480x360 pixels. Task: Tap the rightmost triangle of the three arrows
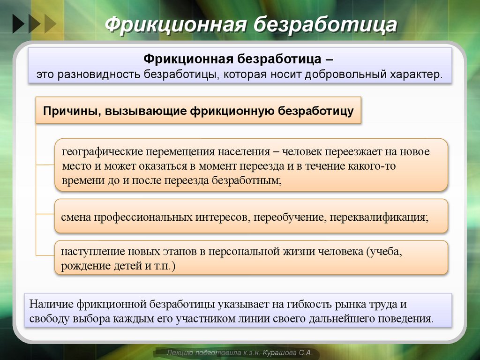pos(50,23)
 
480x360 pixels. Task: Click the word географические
pos(101,152)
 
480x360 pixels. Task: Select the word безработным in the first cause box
pos(247,180)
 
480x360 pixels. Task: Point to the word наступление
pos(87,252)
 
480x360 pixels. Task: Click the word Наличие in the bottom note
pos(49,304)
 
